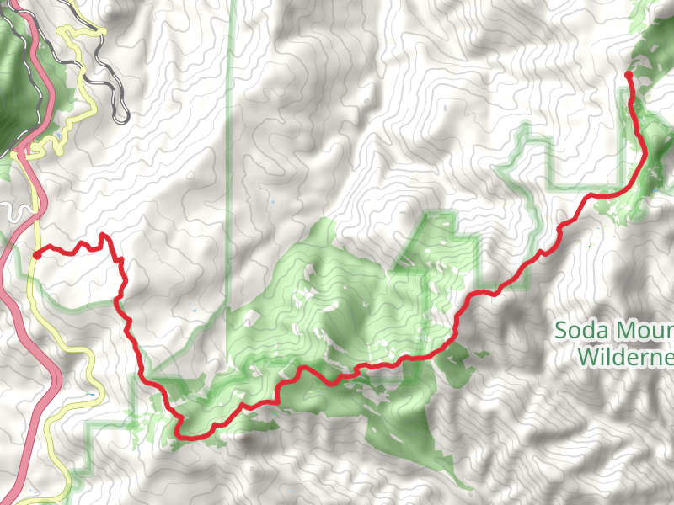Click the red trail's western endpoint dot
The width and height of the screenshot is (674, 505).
[x=37, y=254]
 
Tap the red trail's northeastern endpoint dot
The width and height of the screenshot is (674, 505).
[x=629, y=76]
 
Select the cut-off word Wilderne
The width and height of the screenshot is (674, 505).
[x=626, y=357]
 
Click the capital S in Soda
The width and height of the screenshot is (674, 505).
[x=561, y=329]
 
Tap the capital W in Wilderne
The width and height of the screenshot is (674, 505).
[x=587, y=357]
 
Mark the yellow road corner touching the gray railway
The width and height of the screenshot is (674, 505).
[x=101, y=31]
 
